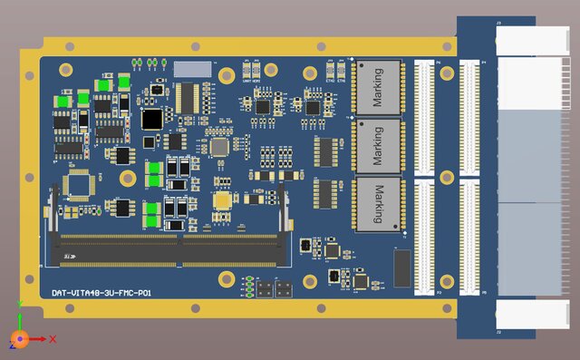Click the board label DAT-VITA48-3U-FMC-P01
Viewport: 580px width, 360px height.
101,293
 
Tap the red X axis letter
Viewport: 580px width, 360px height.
53,338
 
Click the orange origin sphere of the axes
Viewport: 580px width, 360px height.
19,339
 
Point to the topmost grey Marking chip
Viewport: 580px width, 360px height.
378,88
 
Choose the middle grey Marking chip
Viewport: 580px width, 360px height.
378,145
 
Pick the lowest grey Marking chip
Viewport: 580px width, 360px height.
378,203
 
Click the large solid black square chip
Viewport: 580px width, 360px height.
153,119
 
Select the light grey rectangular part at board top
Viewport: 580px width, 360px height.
192,69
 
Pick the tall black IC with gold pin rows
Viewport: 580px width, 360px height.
188,98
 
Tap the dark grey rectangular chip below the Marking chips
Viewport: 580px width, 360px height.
402,267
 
